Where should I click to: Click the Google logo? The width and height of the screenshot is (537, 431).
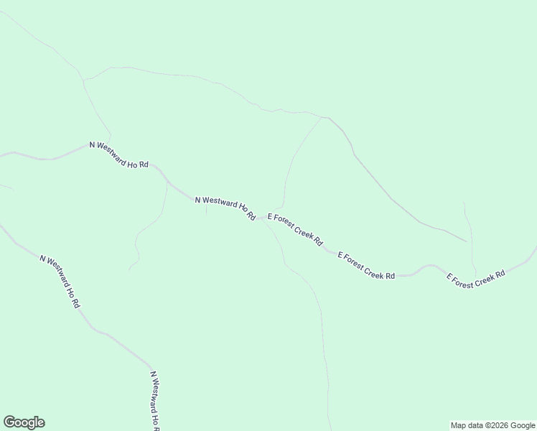(x=24, y=422)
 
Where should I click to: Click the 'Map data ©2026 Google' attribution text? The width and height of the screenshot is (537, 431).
(x=493, y=425)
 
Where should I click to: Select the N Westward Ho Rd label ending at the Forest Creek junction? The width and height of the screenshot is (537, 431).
(x=225, y=208)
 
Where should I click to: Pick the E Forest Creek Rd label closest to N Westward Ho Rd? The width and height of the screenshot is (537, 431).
(x=295, y=230)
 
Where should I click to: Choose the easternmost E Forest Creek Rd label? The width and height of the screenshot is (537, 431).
(x=477, y=279)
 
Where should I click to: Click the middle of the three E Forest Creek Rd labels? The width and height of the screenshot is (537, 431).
(x=366, y=266)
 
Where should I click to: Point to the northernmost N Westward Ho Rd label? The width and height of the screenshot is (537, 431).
(x=118, y=154)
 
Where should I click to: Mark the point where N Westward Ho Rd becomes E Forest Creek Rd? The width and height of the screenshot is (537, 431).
(x=261, y=217)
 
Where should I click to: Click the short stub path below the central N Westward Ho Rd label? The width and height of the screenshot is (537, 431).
(x=206, y=210)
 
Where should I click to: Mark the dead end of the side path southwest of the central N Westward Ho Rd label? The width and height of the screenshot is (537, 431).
(x=129, y=269)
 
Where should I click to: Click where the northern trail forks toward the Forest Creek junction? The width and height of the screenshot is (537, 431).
(x=322, y=117)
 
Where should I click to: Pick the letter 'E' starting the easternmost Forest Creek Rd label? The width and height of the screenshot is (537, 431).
(x=449, y=277)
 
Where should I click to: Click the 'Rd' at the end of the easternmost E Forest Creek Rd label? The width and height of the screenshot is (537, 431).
(x=500, y=274)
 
